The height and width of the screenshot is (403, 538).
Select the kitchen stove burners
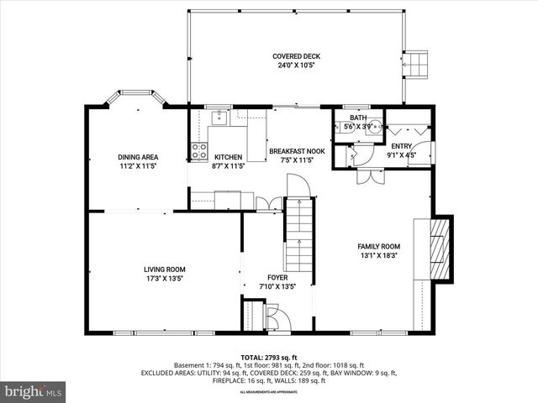[199, 151]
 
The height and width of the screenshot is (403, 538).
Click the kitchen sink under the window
[219, 118]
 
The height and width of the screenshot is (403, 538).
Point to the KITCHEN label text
[229, 157]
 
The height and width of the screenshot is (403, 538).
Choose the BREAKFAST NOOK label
[291, 151]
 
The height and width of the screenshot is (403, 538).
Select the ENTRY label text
[401, 146]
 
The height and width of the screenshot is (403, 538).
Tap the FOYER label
[277, 277]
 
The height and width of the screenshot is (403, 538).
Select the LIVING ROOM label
[164, 269]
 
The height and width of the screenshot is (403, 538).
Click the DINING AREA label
[138, 157]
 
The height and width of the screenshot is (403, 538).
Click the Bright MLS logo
[34, 391]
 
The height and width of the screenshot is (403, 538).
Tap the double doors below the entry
[367, 177]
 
